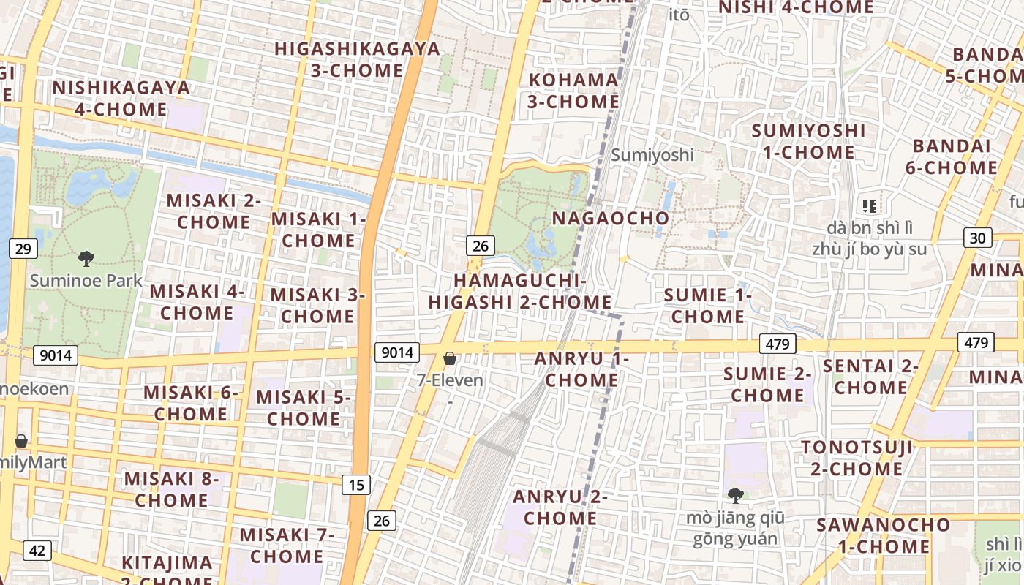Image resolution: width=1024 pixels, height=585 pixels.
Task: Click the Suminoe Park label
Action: (x=86, y=280)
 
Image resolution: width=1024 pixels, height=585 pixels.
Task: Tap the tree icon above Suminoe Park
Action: (x=86, y=258)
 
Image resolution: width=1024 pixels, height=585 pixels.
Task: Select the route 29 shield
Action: (x=23, y=249)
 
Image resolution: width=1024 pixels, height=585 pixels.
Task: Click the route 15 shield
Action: (x=356, y=484)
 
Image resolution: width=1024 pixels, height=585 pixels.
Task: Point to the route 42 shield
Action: (x=37, y=550)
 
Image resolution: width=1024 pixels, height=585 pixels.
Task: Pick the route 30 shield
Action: (x=978, y=237)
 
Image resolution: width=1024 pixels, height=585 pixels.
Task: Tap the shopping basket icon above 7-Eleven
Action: (x=450, y=358)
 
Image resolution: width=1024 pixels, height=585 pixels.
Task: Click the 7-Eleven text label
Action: (x=450, y=380)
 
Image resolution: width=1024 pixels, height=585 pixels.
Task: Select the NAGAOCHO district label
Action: (x=610, y=218)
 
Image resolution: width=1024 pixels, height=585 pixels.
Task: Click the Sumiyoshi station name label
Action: (x=652, y=155)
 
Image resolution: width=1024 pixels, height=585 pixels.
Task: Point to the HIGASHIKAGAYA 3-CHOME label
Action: (x=357, y=59)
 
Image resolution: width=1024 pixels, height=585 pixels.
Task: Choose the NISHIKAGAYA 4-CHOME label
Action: (x=121, y=98)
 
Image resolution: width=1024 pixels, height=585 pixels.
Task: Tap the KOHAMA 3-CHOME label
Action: (x=573, y=90)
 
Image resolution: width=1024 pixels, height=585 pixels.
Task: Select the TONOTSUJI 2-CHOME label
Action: (x=857, y=458)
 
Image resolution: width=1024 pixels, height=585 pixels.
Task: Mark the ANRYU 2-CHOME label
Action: (x=560, y=507)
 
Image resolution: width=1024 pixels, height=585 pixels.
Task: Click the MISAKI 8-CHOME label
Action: (x=171, y=489)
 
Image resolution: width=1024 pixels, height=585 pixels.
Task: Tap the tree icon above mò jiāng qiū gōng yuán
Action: (x=736, y=497)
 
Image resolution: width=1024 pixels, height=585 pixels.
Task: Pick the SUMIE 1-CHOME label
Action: (x=708, y=306)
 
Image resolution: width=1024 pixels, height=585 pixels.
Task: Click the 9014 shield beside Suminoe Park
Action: (x=56, y=355)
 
